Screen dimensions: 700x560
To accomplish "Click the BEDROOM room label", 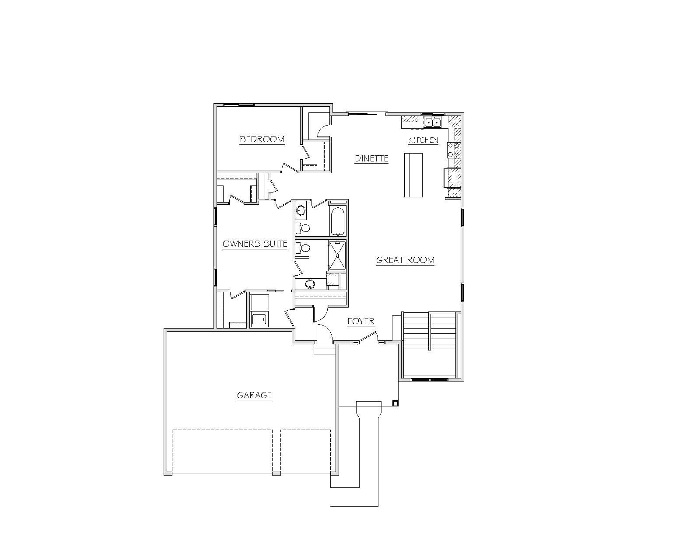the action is tap(262, 139).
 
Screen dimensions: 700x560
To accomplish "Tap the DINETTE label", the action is tap(371, 158).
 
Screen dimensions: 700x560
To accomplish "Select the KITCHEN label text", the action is tap(423, 140).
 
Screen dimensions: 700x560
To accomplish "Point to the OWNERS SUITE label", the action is tap(255, 244).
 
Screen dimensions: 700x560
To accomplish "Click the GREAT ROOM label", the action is tap(405, 260).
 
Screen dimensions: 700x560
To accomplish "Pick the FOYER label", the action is tap(361, 322).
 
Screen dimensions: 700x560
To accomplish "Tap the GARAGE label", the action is tap(254, 395).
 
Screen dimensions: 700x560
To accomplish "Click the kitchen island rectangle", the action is tap(413, 175).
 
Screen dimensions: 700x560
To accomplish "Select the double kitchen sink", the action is tap(433, 122).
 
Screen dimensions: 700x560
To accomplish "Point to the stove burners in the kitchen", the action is tap(454, 150).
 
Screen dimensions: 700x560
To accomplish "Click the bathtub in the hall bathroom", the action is tap(338, 221).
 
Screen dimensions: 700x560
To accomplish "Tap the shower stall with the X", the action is tap(337, 255).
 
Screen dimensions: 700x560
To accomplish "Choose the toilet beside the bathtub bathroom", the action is tap(303, 228).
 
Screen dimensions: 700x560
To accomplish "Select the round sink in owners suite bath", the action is tap(310, 284).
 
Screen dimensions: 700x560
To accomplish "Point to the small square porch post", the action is tap(395, 403).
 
